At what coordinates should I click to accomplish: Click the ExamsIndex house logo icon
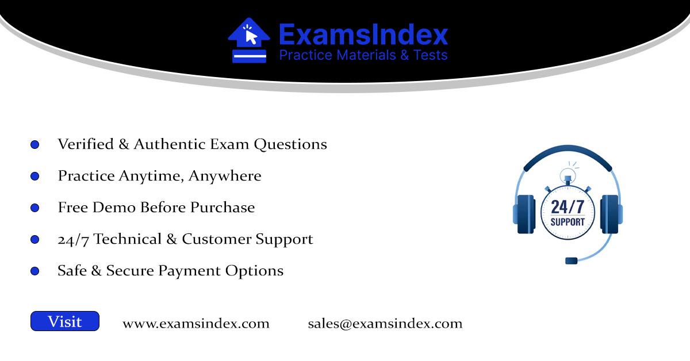click(x=249, y=40)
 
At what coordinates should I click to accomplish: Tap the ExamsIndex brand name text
click(x=363, y=35)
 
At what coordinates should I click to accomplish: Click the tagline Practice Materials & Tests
click(x=363, y=55)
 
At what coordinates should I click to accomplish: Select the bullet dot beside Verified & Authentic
click(x=35, y=144)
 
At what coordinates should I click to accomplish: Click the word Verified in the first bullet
click(x=86, y=144)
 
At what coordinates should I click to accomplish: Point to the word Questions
click(x=290, y=144)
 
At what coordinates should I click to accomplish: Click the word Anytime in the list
click(x=151, y=176)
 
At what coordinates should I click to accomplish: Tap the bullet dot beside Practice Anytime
click(x=35, y=176)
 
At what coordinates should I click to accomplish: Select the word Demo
click(x=114, y=208)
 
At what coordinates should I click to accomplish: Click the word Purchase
click(x=223, y=208)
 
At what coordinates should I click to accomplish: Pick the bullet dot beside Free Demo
click(x=35, y=208)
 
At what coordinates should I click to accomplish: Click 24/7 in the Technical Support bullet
click(x=73, y=240)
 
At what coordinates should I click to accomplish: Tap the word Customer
click(x=216, y=239)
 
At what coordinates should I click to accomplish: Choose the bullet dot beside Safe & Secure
click(x=35, y=271)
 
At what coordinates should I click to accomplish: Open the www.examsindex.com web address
click(x=196, y=324)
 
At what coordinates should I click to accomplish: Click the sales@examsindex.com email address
click(x=385, y=324)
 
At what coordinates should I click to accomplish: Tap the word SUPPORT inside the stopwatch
click(x=568, y=222)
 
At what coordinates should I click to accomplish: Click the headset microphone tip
click(x=571, y=261)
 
